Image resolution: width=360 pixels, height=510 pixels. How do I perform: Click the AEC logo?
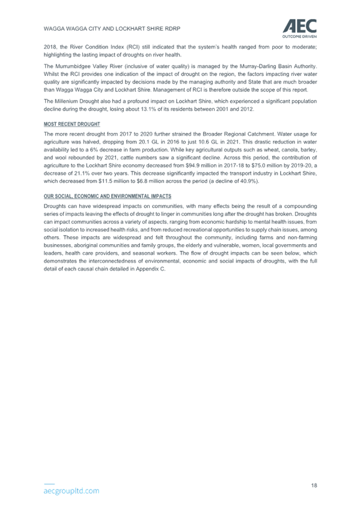[x=299, y=28]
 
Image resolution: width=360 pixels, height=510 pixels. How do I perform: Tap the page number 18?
[x=314, y=485]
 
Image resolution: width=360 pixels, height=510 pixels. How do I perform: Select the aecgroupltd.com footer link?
[x=72, y=491]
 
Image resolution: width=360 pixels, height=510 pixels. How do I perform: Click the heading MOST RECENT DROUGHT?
[x=72, y=124]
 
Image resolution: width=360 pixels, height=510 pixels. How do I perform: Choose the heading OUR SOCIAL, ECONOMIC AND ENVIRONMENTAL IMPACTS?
[x=108, y=197]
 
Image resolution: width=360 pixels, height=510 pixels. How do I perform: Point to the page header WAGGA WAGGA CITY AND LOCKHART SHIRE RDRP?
[x=112, y=29]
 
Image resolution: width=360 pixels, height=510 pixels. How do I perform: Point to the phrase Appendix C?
[x=150, y=269]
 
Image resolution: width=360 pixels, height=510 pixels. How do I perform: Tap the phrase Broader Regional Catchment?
[x=238, y=134]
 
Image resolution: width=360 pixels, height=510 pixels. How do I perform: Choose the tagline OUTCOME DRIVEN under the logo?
[x=299, y=37]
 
